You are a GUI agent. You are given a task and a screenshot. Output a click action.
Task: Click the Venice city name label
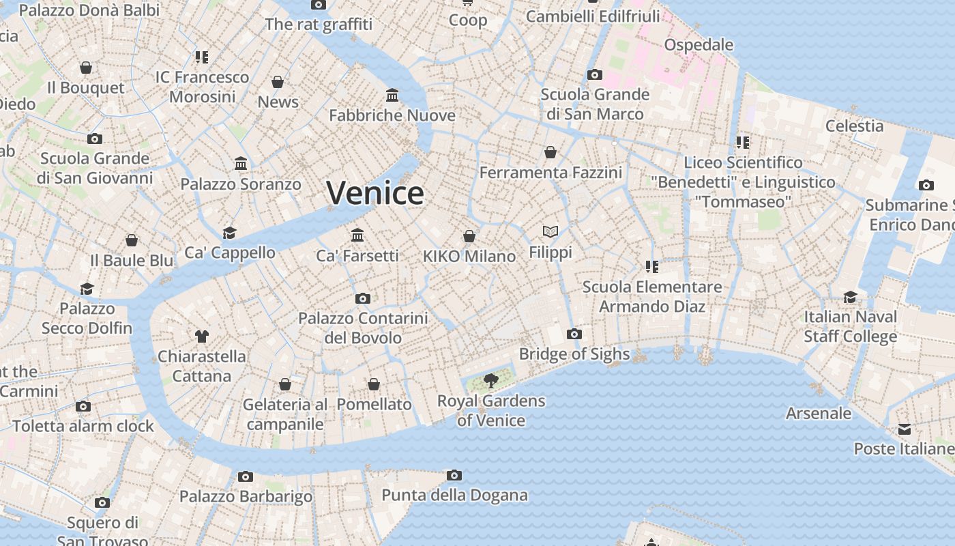375,193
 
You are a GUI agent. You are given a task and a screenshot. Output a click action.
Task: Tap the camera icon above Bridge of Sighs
574,334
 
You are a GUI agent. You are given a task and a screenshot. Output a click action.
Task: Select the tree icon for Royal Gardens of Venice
490,381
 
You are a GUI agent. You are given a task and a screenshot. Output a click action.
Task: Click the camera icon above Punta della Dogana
454,475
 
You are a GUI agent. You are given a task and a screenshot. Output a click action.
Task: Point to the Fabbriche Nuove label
392,115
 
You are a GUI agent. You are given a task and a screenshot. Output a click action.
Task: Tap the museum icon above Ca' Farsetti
357,235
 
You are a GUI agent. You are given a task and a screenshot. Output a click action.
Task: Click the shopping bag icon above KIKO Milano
469,236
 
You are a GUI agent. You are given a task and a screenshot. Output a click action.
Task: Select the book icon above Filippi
550,232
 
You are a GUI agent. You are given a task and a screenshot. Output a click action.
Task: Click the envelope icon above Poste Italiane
905,429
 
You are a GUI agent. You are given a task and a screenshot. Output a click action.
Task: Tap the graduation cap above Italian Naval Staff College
850,297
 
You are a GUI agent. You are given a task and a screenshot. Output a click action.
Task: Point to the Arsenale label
819,413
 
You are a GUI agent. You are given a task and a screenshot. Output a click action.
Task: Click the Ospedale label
699,45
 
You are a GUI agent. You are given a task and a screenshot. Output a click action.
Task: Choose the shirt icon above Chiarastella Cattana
202,336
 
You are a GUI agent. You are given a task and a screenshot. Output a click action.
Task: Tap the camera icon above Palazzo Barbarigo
246,476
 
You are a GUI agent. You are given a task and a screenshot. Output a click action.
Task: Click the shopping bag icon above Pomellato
374,384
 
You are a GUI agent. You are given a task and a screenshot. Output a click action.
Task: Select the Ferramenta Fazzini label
550,173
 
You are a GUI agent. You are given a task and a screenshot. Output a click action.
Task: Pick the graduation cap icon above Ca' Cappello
230,233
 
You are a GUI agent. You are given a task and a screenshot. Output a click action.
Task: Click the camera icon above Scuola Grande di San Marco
595,74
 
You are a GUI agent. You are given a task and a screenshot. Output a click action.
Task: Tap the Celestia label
854,126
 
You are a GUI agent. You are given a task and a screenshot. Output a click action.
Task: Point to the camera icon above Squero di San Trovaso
102,503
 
